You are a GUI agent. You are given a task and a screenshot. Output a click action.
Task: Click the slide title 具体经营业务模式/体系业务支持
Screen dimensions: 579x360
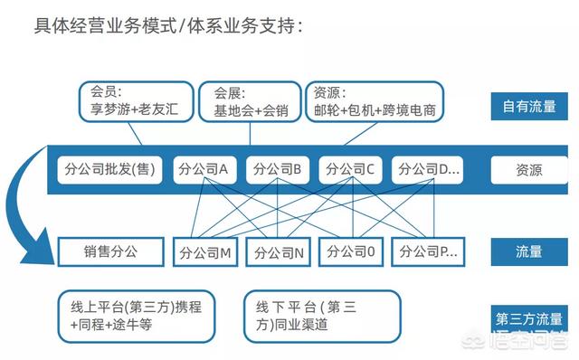tap(167, 25)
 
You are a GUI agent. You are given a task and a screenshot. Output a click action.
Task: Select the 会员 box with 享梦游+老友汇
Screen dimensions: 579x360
tap(138, 100)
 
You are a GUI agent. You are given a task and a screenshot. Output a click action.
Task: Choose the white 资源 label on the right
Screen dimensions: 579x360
tap(529, 169)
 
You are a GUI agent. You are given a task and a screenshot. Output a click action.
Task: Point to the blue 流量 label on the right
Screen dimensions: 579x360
tap(529, 252)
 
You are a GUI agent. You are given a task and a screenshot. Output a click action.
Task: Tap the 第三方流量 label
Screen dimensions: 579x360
tap(529, 318)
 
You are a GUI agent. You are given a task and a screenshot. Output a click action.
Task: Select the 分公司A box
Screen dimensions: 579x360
tap(204, 169)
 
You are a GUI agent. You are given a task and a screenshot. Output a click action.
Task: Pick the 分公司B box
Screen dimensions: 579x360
tap(278, 169)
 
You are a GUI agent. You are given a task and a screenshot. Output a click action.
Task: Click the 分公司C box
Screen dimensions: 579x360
tap(351, 169)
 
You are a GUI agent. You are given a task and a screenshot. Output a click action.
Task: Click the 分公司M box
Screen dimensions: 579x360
tap(204, 252)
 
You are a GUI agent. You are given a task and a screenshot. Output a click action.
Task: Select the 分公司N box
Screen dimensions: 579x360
tap(278, 252)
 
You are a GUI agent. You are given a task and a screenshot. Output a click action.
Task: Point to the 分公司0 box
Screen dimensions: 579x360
tap(351, 252)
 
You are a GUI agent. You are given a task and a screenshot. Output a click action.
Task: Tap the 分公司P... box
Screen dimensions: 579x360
tap(425, 252)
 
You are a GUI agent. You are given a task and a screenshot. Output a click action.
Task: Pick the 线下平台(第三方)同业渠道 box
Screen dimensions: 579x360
tap(321, 316)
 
